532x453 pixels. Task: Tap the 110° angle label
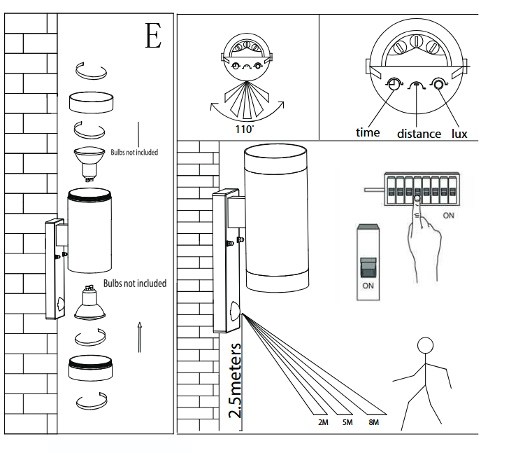click(245, 129)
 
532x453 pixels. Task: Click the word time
click(368, 132)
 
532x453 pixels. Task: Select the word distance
click(419, 133)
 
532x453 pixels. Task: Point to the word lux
click(459, 133)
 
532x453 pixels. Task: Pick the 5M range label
click(347, 424)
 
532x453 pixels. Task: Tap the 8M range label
click(373, 424)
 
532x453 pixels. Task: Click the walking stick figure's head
click(425, 347)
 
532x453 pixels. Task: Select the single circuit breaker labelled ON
click(367, 263)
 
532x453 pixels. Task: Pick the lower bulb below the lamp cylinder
click(89, 302)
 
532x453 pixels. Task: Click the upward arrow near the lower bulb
click(140, 336)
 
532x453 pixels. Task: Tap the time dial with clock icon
click(395, 85)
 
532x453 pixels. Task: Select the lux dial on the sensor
click(440, 85)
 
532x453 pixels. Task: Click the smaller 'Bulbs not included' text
click(134, 152)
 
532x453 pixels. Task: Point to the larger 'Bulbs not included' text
click(135, 284)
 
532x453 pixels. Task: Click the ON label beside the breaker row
click(449, 216)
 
